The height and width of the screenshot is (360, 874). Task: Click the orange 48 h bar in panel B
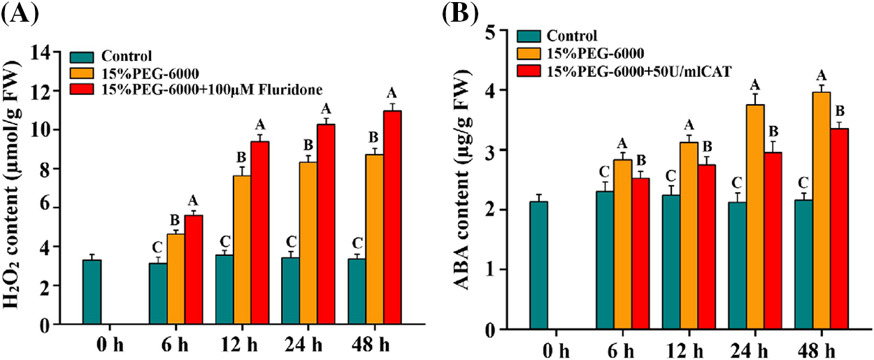coord(821,210)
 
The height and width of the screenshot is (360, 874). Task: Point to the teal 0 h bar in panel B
coord(538,265)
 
